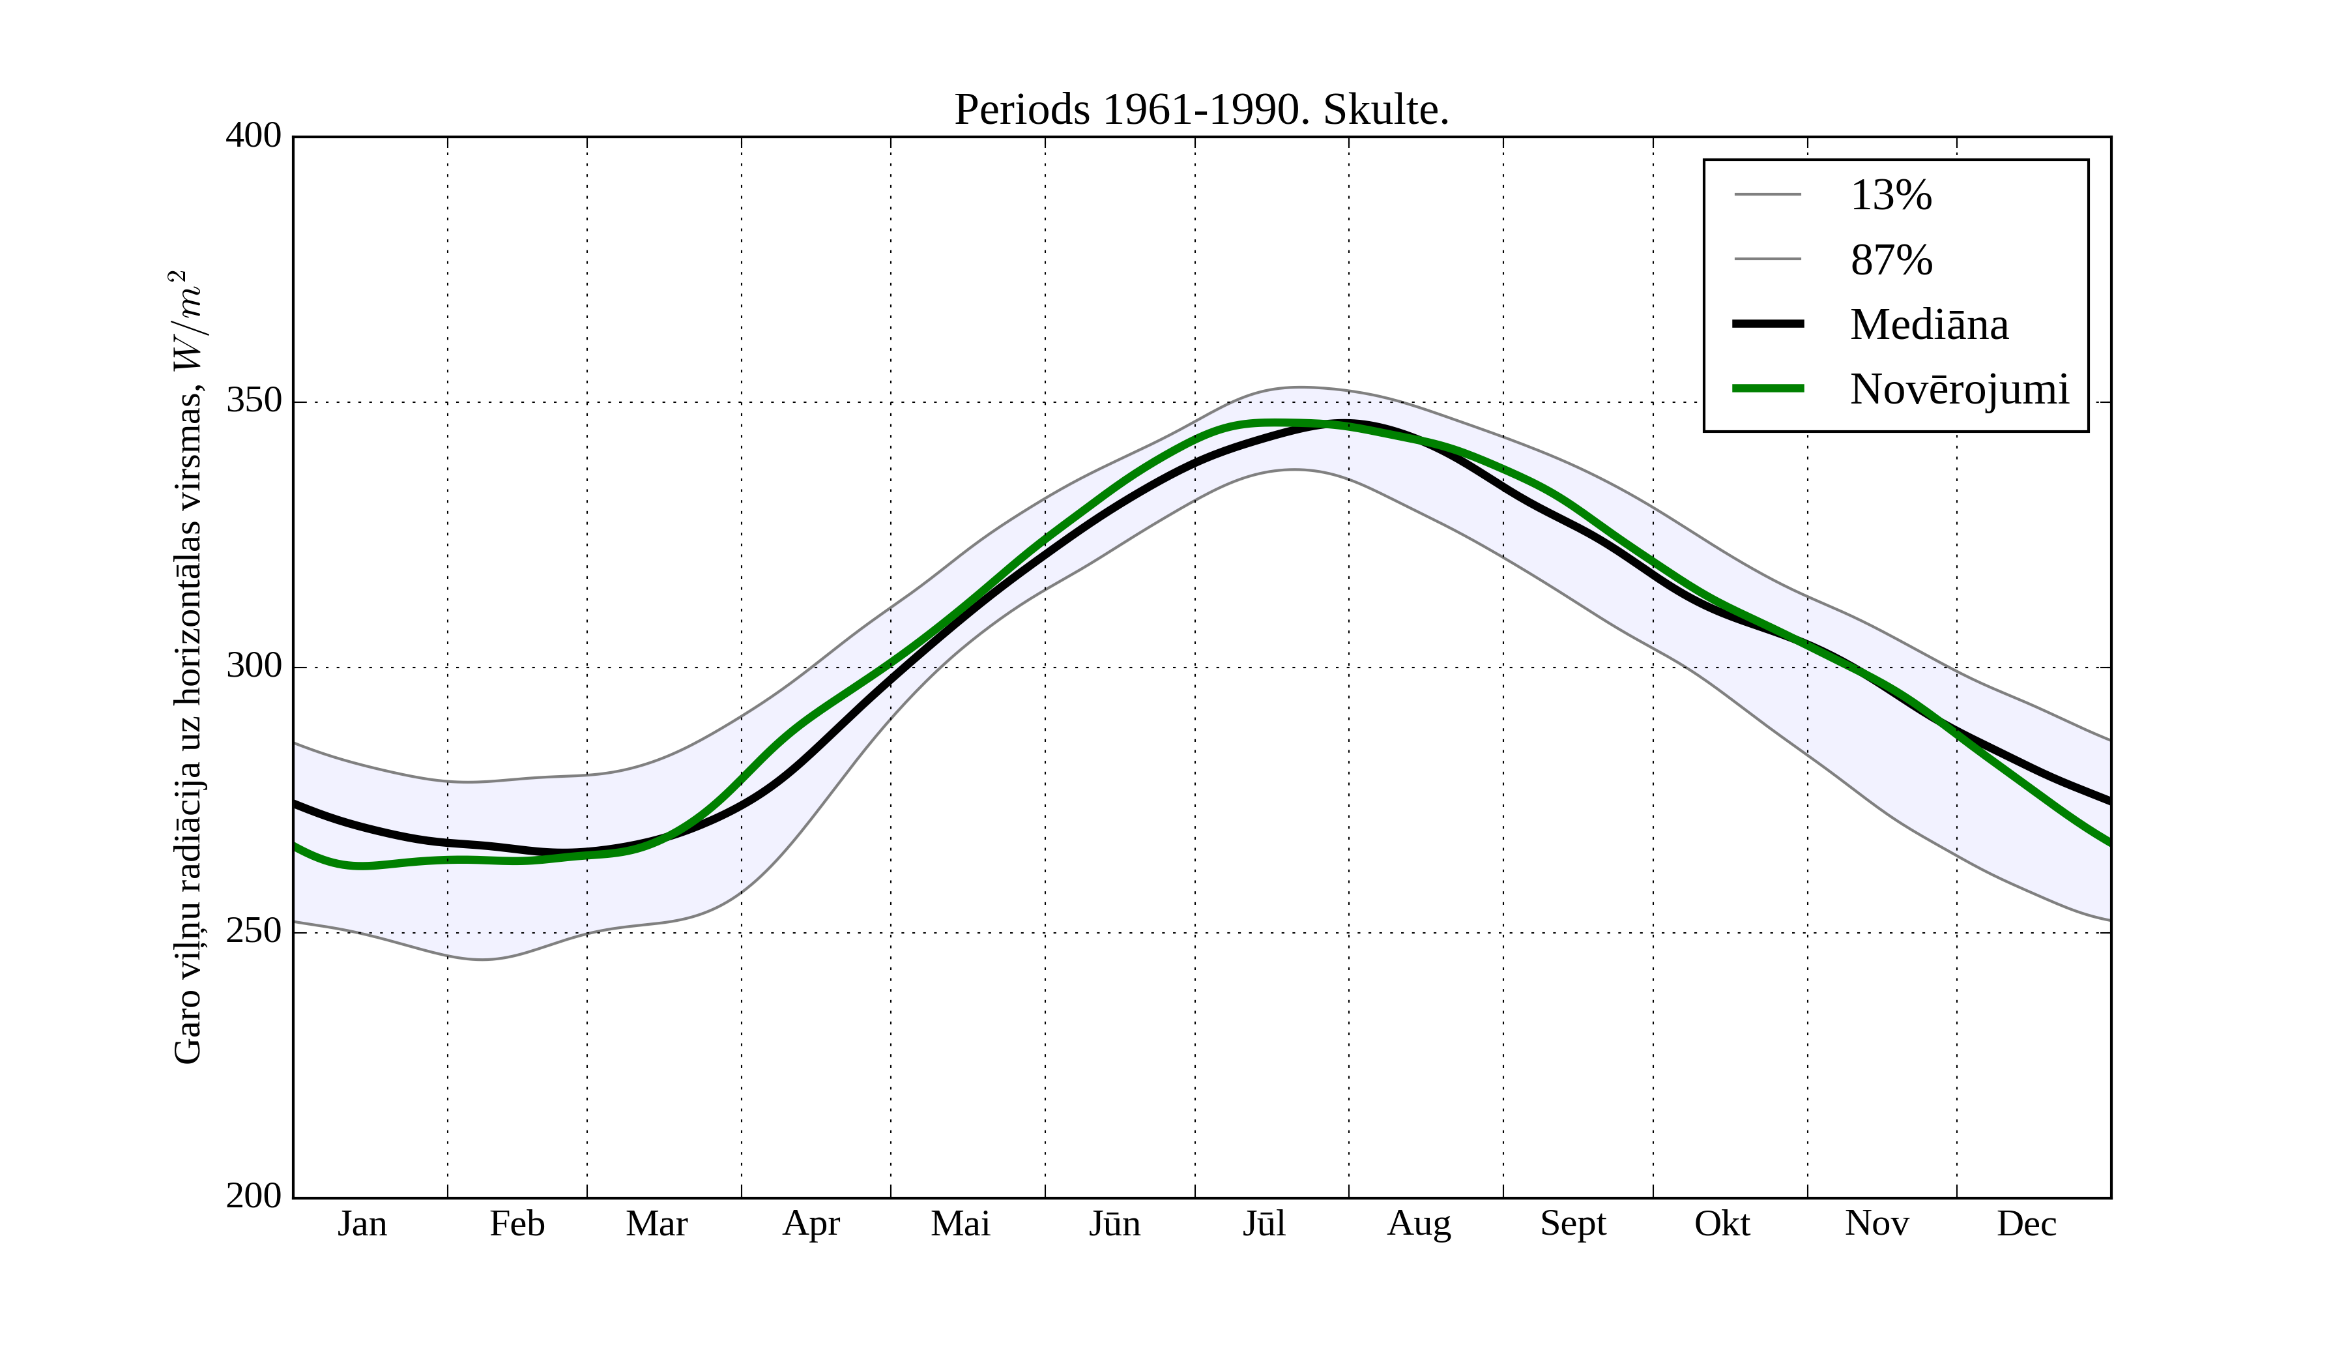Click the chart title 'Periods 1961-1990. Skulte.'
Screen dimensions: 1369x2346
1201,111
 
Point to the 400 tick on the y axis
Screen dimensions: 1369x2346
253,136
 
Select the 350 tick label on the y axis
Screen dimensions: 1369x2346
253,402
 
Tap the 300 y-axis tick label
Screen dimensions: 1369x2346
253,667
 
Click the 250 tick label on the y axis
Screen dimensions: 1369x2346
253,932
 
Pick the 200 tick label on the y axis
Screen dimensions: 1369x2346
253,1197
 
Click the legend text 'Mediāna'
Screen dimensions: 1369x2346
1929,325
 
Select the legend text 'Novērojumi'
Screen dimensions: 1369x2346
1959,389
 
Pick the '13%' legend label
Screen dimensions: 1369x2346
1890,196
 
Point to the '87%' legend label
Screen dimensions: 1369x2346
1890,261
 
